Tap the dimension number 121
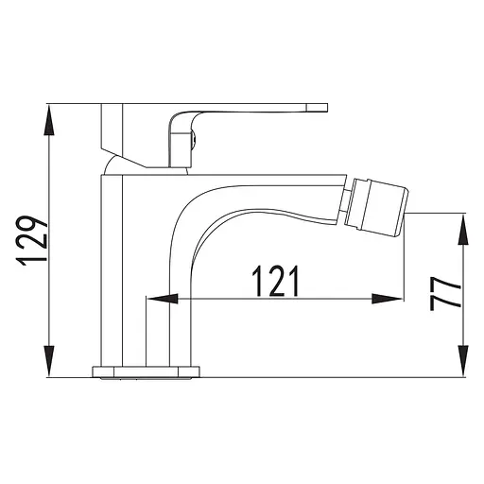coord(275,281)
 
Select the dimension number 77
coord(445,294)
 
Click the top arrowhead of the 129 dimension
coord(48,121)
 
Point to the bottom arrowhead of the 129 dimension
coord(48,361)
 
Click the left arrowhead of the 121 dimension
coord(163,299)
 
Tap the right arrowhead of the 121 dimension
coord(388,299)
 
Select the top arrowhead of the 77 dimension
coord(463,230)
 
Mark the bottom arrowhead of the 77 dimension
coord(463,361)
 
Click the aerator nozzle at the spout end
coord(376,207)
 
